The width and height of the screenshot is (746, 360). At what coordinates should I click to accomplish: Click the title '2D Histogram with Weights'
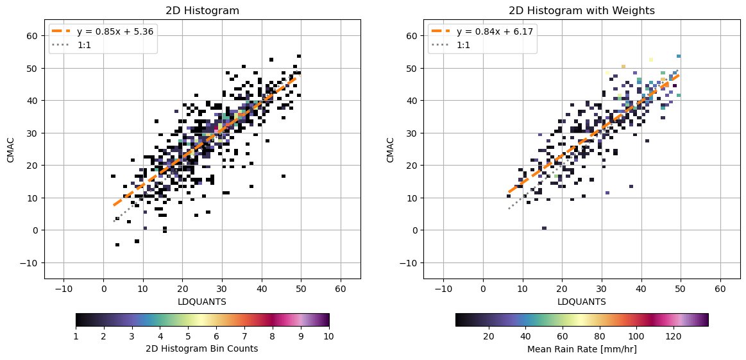[581, 10]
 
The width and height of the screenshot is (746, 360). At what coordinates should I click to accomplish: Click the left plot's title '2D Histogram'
[202, 10]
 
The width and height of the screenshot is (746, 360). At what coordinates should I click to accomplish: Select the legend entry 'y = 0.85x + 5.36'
[114, 31]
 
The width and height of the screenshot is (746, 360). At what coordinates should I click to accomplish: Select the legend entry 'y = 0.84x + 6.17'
[493, 31]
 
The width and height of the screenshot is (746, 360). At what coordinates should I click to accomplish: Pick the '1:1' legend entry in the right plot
[464, 45]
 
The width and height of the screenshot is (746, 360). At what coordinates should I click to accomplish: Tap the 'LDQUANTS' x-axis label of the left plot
[202, 302]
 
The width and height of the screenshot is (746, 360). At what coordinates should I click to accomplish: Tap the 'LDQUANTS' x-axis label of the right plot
[581, 302]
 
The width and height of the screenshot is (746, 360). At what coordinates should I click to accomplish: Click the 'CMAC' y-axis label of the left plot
[11, 149]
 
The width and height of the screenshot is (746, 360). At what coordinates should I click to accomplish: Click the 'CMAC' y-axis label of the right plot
[390, 149]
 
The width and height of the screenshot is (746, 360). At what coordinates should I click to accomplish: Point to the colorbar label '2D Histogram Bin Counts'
[202, 349]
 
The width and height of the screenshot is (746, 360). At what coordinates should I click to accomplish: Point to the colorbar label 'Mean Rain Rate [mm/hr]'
[581, 349]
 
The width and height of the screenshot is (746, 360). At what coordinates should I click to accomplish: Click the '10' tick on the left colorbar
[329, 335]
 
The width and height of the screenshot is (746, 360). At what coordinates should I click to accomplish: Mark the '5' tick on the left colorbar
[188, 335]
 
